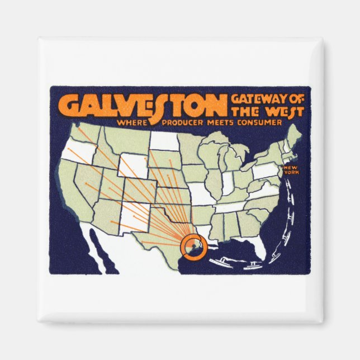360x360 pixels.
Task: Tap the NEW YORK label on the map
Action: click(x=291, y=170)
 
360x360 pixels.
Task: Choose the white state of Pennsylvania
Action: click(x=266, y=170)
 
